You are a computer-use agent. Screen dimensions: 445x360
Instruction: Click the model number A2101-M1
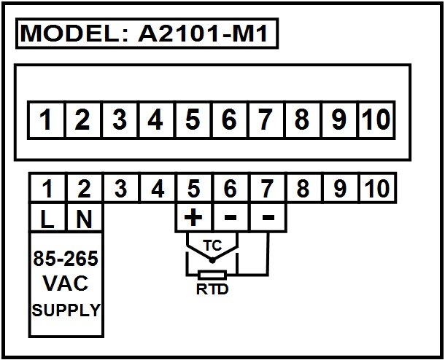coord(203,34)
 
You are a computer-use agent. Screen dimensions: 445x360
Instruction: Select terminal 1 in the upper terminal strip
coord(45,120)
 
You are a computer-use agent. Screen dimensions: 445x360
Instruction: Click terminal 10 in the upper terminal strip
coord(376,120)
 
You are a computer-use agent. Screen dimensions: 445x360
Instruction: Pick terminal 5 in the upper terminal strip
coord(193,120)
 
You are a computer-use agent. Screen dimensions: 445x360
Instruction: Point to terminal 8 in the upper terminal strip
coord(302,120)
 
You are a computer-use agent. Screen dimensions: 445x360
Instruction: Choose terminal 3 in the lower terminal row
coord(121,188)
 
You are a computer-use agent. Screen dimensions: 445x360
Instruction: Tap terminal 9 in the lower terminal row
coord(340,188)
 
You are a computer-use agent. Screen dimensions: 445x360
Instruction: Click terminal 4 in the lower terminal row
coord(158,188)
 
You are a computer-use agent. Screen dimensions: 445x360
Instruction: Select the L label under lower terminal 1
coord(47,219)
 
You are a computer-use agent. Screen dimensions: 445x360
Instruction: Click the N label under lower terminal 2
coord(85,219)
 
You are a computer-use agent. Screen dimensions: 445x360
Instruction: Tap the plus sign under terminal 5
coord(193,218)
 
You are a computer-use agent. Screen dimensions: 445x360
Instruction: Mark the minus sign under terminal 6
coord(231,218)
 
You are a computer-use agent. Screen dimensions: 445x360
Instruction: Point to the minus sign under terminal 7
coord(268,218)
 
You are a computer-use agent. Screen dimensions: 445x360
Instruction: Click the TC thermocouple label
coord(212,246)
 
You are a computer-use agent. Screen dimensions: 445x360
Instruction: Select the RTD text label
coord(212,289)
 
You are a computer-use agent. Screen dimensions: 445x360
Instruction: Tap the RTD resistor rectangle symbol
coord(212,275)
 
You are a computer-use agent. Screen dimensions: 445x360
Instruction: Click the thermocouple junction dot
coord(212,260)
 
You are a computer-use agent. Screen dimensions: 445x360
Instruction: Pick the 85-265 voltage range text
coord(66,259)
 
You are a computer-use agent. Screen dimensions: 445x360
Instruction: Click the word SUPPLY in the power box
coord(66,310)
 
